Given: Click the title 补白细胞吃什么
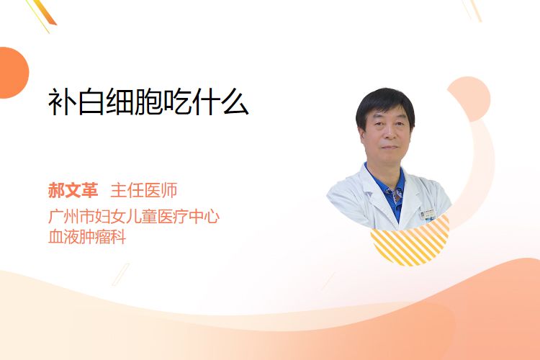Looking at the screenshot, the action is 148,102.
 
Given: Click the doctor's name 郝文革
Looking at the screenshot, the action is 73,190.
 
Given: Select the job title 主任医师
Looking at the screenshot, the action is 144,190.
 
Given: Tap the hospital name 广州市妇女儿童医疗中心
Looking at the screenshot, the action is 134,216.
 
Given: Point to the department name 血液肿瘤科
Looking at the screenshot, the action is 87,237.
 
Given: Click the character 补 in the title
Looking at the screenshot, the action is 62,102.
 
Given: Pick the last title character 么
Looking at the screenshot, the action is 235,102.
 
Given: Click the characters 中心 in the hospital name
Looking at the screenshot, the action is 204,216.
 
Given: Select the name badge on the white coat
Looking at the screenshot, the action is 428,214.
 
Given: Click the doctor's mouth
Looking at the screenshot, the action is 390,148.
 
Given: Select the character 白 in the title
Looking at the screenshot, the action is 91,102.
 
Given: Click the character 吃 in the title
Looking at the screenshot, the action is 178,102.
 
